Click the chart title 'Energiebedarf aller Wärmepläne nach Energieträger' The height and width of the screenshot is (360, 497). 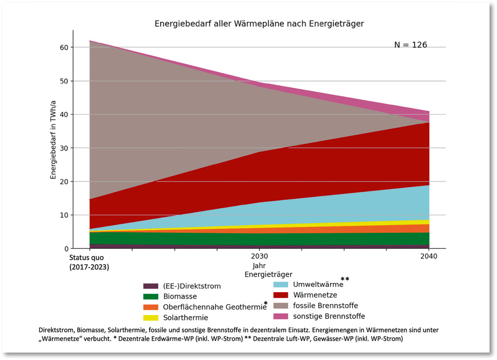[x=259, y=24]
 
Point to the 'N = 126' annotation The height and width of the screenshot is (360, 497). [x=410, y=45]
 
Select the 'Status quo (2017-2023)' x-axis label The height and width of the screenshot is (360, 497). [x=89, y=262]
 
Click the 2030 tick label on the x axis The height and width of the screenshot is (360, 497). [x=259, y=257]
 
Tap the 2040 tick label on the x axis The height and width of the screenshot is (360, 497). [x=429, y=257]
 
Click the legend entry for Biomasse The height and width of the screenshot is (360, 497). [x=180, y=297]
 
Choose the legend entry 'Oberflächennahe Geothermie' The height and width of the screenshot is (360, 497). [x=214, y=307]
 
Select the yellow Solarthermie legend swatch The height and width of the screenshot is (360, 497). [x=150, y=318]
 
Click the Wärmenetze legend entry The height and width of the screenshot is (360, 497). [x=315, y=295]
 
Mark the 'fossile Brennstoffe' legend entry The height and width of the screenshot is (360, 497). [x=325, y=305]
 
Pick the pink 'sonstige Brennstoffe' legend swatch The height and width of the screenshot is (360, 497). [x=280, y=316]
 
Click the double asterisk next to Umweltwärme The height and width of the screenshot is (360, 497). [x=345, y=279]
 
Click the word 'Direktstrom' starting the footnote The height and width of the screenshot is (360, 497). [x=56, y=330]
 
